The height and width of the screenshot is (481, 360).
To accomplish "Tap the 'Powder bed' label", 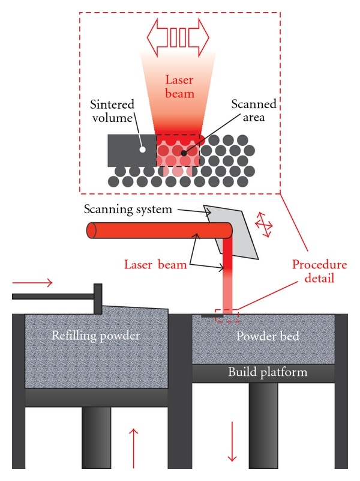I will click(x=263, y=336).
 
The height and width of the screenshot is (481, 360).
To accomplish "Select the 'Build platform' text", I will click(x=268, y=372).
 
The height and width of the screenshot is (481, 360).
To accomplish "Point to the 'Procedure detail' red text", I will click(x=319, y=272).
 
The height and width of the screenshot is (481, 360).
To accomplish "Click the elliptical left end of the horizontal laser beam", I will click(x=92, y=231).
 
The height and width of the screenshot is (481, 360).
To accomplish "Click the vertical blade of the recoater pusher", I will click(x=97, y=298).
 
